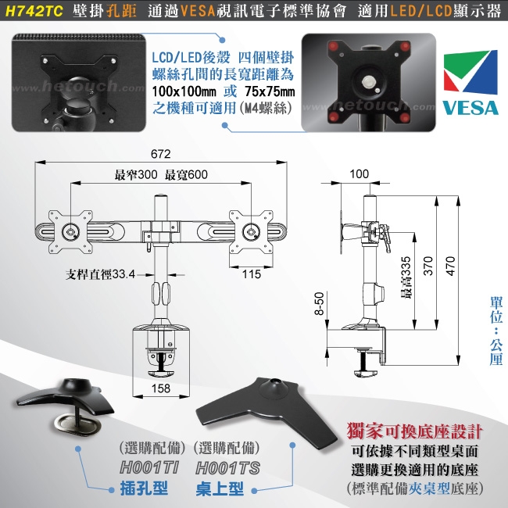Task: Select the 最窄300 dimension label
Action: [x=136, y=174]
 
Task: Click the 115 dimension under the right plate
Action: [x=252, y=274]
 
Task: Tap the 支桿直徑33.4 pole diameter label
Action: [x=102, y=274]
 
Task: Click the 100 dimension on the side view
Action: [x=360, y=174]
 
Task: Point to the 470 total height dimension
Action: [x=449, y=266]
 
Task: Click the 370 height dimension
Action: [x=427, y=266]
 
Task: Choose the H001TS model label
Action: [x=227, y=469]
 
